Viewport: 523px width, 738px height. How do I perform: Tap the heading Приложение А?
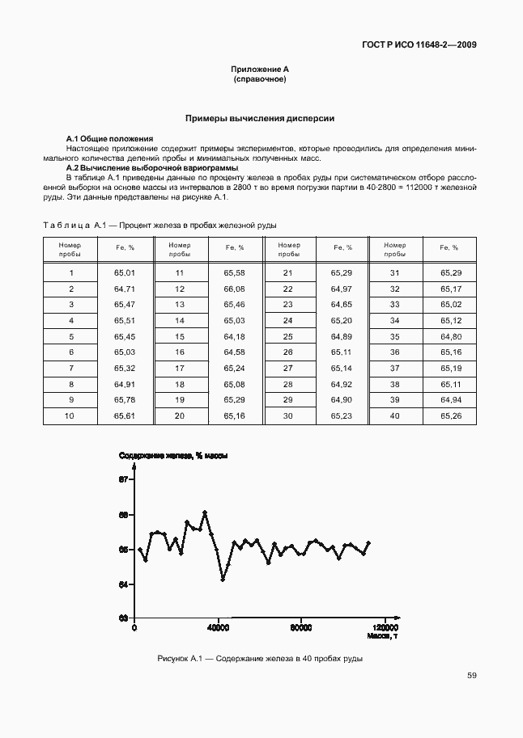tap(260, 71)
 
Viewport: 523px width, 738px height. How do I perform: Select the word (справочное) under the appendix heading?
tap(260, 81)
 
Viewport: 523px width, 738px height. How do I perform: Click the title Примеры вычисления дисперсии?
tap(260, 118)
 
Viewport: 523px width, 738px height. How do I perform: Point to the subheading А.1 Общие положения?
tap(109, 139)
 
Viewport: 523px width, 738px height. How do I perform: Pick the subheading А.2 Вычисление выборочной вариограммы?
tap(151, 167)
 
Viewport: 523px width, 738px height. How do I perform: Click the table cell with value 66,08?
tap(234, 289)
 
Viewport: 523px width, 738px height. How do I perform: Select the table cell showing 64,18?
tap(234, 336)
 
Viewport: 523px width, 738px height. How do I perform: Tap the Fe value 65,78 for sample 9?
tap(125, 399)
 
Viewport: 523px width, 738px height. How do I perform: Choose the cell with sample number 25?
tap(287, 336)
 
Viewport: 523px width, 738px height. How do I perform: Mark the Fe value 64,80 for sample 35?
tap(450, 336)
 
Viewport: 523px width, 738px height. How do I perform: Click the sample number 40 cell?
tap(395, 415)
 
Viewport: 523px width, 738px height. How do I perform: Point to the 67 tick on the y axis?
tap(124, 480)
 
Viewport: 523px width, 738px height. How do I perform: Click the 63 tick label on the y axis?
tap(124, 618)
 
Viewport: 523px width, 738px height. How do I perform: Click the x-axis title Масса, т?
tap(381, 636)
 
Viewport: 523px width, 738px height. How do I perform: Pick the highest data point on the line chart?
tap(205, 512)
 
